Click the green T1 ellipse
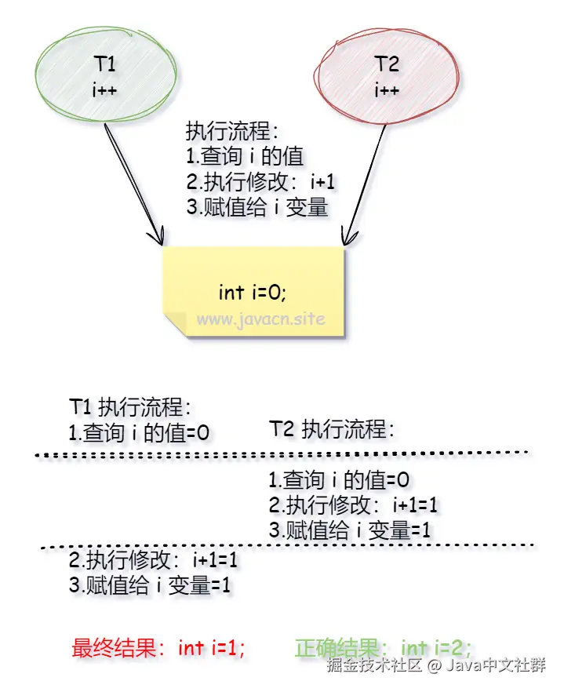click(x=105, y=75)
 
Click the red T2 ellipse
click(x=385, y=75)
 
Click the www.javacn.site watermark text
click(x=260, y=320)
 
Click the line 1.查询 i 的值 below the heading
click(x=244, y=156)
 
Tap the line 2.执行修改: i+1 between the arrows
click(x=260, y=182)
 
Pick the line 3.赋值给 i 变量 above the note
click(x=257, y=208)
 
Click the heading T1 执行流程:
click(x=130, y=408)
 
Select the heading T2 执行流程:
click(x=331, y=429)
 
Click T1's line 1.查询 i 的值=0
click(x=140, y=434)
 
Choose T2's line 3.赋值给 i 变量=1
click(x=349, y=530)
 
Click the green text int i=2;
click(x=436, y=648)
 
